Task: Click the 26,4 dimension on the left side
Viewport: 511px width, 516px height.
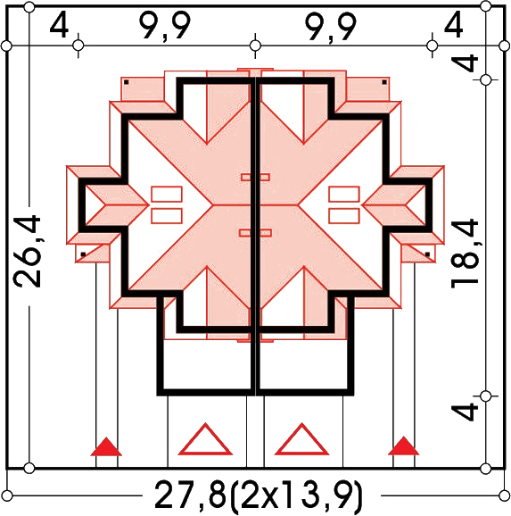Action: [x=27, y=252]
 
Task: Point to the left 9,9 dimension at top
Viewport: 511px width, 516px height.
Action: [x=165, y=26]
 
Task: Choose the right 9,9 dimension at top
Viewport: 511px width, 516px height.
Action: [x=331, y=26]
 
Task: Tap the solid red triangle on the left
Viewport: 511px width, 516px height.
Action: [x=106, y=447]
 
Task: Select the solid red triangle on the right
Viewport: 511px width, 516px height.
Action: [x=403, y=446]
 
